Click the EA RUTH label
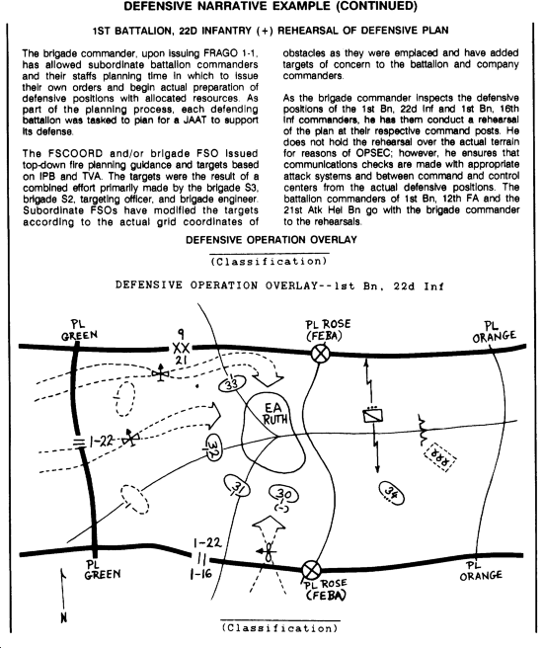click(274, 414)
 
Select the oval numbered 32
click(214, 447)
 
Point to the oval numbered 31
click(237, 487)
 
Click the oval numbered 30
click(283, 494)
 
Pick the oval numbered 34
click(392, 493)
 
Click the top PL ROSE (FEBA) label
click(329, 330)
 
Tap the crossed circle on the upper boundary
click(320, 355)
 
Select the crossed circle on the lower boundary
click(311, 570)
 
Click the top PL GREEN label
click(79, 330)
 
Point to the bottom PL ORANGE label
click(481, 571)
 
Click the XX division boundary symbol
click(181, 348)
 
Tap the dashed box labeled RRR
click(440, 457)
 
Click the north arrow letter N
click(63, 617)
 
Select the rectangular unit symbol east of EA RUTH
click(372, 415)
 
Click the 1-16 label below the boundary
click(200, 574)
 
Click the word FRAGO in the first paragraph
click(221, 53)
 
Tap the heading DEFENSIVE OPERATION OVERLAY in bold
click(271, 240)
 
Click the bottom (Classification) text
click(280, 628)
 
